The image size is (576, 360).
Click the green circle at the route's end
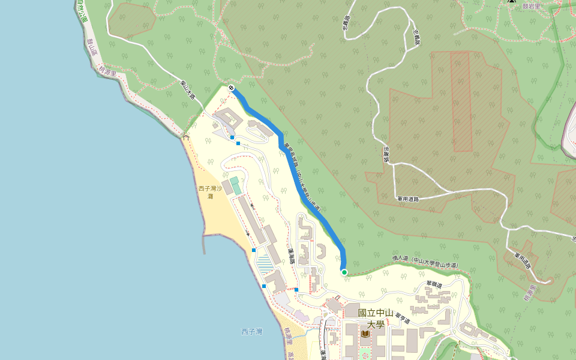[344, 272]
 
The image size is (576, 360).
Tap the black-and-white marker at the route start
[231, 88]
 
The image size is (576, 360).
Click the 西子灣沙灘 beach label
[211, 192]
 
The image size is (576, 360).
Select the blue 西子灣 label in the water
[252, 331]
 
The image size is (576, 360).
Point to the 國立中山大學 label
[375, 319]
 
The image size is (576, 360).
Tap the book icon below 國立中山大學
[365, 334]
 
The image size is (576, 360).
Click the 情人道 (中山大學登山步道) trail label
[425, 261]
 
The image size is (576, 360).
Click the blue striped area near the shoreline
[263, 263]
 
